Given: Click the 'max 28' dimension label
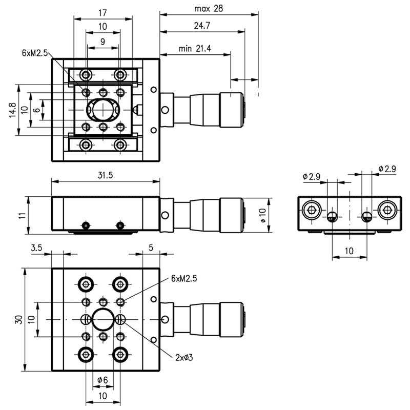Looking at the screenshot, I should point(209,9).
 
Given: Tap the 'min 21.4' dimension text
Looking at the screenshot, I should point(195,49).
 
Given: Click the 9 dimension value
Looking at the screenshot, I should point(103,42).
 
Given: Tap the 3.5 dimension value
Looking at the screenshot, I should point(36,248).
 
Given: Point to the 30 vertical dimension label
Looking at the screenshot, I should point(18,319).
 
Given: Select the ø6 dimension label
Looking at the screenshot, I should point(102,380).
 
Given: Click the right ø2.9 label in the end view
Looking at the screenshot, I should point(387,169).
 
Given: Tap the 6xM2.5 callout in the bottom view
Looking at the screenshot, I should point(184,278).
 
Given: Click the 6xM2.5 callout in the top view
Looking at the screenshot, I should point(35,53).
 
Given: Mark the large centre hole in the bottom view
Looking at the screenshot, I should point(103,320).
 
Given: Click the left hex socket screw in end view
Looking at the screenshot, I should point(312,209).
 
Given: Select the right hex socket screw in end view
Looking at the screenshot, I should point(387,209).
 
